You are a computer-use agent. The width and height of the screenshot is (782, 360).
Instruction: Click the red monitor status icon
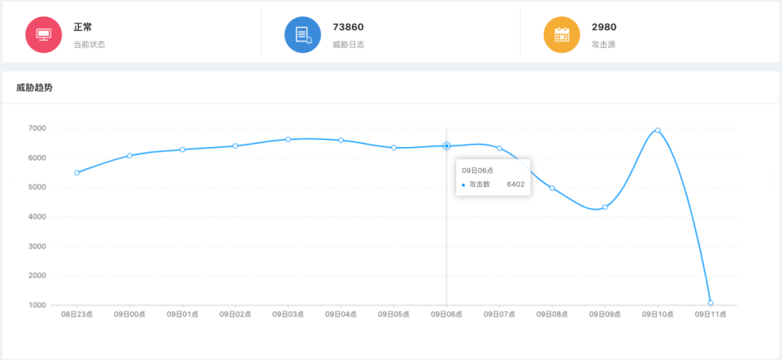[43, 34]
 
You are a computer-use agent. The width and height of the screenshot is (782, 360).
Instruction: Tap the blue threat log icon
[303, 34]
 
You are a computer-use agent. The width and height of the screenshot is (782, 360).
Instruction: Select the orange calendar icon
[562, 34]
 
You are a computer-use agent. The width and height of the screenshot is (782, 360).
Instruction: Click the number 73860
[348, 27]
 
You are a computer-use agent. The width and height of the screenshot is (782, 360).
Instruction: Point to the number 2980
[604, 27]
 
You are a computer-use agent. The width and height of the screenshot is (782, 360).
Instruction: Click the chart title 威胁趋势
[35, 88]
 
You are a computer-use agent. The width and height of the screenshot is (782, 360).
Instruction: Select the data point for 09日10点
[657, 130]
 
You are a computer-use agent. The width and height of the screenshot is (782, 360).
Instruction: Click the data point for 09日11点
[711, 303]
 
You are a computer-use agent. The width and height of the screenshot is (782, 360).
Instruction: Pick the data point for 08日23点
[77, 172]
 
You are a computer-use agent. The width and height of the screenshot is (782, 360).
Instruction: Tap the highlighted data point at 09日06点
[446, 146]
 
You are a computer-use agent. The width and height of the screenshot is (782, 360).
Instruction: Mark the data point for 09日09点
[605, 207]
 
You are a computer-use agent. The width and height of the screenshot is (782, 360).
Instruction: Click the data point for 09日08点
[552, 188]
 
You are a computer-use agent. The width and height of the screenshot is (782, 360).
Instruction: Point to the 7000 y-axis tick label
[38, 128]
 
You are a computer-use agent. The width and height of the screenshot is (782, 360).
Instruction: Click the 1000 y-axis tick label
[38, 305]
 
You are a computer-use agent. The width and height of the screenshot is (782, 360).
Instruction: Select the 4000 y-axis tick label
[38, 217]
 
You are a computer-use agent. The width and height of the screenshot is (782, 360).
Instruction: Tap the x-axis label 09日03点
[287, 314]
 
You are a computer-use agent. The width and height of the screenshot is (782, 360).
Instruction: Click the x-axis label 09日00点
[130, 314]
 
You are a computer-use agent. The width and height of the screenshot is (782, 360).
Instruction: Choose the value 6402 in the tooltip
[516, 184]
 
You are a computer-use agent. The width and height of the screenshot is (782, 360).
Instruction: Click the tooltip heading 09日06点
[478, 170]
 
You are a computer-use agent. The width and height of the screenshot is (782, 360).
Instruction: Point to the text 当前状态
[89, 44]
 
